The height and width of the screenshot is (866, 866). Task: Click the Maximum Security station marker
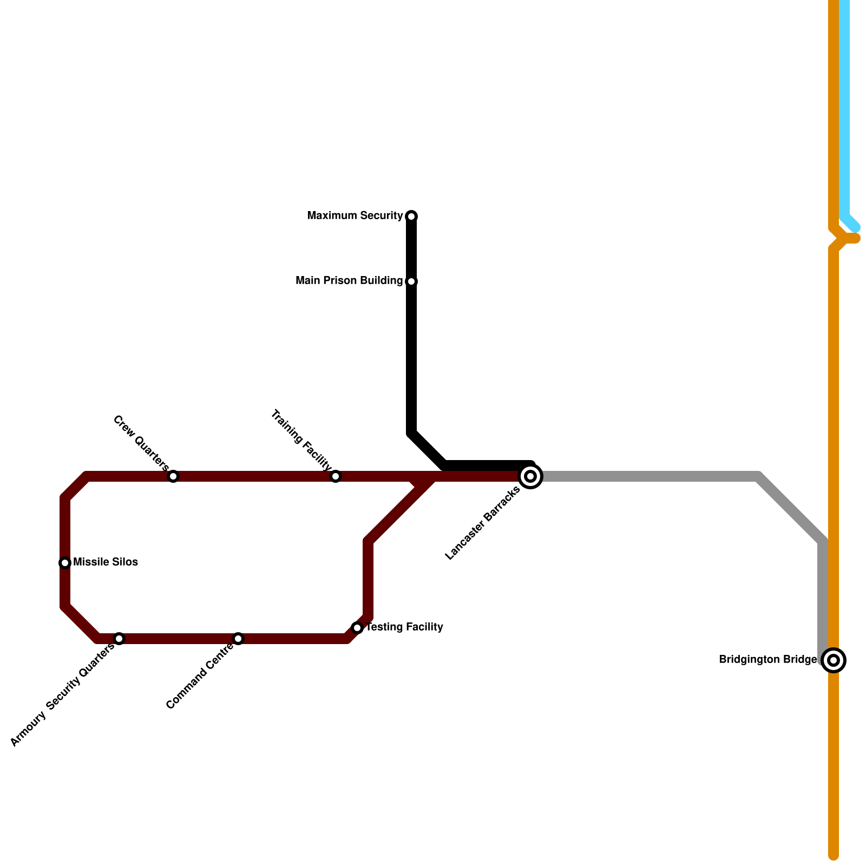(x=411, y=216)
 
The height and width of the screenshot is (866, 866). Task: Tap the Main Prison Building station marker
(x=411, y=281)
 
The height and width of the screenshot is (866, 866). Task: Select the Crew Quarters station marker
(x=173, y=476)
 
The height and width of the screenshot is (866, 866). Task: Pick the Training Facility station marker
(x=336, y=476)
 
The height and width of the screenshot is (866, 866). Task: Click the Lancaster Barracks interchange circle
(x=531, y=476)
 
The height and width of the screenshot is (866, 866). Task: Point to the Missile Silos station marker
(x=65, y=563)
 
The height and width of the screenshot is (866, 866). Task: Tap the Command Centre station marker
(x=238, y=639)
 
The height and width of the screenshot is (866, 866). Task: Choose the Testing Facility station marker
(x=357, y=628)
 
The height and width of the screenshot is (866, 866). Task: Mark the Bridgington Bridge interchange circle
(x=834, y=660)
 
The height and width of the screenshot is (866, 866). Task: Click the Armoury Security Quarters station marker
(x=119, y=639)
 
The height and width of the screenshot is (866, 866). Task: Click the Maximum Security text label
(x=355, y=216)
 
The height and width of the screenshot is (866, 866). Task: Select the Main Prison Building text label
(x=349, y=281)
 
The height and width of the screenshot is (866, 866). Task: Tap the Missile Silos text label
(x=106, y=562)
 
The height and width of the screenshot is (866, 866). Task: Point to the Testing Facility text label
(x=404, y=627)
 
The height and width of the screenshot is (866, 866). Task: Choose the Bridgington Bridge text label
(x=767, y=660)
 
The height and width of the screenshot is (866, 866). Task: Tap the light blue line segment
(x=844, y=108)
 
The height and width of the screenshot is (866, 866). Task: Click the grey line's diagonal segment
(x=790, y=509)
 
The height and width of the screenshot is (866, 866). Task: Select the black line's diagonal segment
(x=428, y=449)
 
